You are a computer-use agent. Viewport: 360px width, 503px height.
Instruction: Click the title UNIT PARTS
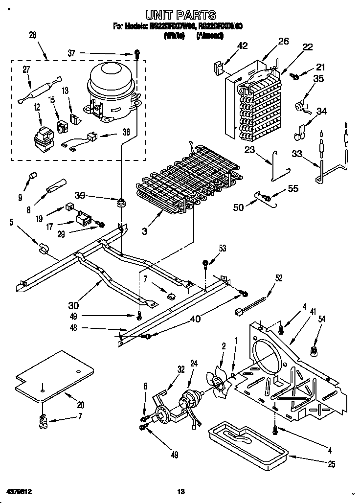pos(180,16)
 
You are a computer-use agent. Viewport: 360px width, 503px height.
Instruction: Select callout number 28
pos(33,35)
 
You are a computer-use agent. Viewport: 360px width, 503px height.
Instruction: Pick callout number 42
pos(242,46)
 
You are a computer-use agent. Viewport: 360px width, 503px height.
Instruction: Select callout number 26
pos(284,42)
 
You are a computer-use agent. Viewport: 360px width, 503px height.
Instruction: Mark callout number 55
pos(292,188)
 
